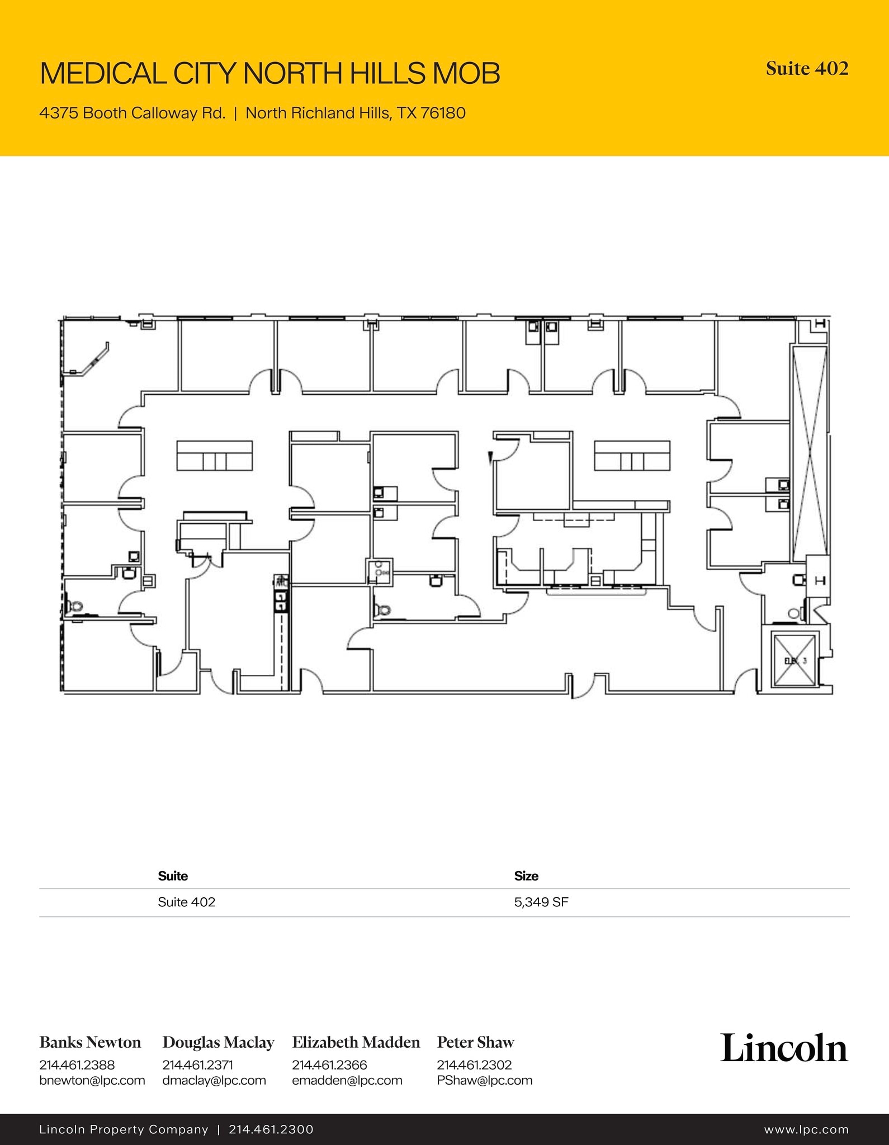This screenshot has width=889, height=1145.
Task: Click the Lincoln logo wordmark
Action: (x=784, y=1048)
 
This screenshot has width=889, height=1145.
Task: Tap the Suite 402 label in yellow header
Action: (x=807, y=69)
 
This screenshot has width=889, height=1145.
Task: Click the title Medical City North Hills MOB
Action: (x=270, y=73)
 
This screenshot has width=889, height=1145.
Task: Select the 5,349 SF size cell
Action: (x=541, y=902)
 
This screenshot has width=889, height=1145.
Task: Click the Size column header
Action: (x=526, y=876)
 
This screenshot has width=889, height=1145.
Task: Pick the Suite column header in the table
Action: (x=173, y=876)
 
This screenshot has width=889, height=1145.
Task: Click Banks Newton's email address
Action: (x=92, y=1080)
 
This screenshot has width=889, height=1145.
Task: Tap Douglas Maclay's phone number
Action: (x=197, y=1065)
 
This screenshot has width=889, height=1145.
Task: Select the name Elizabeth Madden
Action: (x=356, y=1042)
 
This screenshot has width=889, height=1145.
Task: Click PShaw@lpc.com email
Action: (x=484, y=1080)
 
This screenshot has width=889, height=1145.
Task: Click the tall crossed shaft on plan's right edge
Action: (x=808, y=453)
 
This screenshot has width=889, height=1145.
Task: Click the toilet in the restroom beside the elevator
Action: (x=793, y=614)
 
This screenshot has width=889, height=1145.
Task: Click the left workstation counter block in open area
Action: (x=214, y=456)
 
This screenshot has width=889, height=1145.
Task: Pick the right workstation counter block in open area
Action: (x=632, y=456)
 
